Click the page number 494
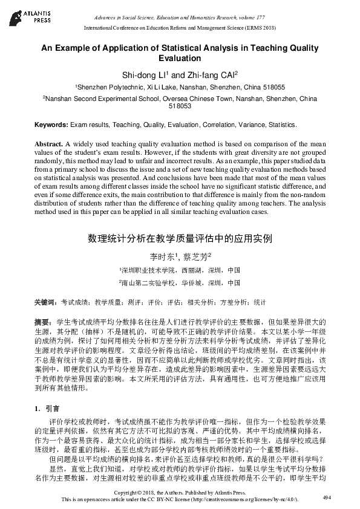327,498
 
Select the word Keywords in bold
51,125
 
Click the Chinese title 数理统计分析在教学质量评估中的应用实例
180,238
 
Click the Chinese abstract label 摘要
42,322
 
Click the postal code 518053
180,106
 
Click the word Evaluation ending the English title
180,59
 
